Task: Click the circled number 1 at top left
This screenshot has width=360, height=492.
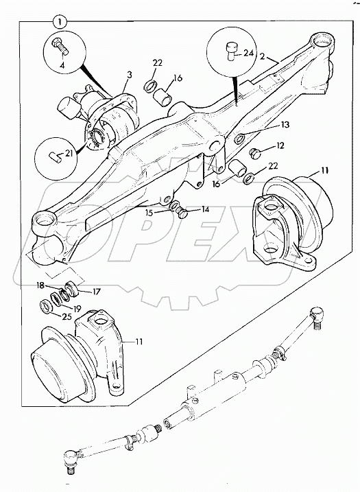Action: [61, 21]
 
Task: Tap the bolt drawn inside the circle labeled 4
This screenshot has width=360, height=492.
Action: [60, 49]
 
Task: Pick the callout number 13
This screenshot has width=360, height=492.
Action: [284, 125]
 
